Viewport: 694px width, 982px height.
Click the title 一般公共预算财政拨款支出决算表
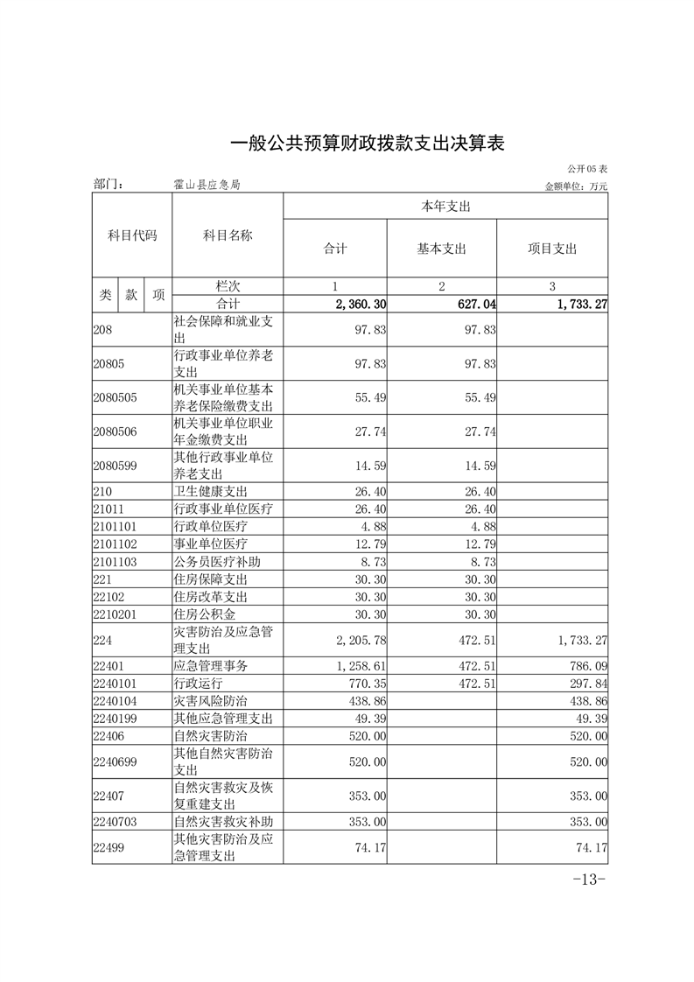pos(367,144)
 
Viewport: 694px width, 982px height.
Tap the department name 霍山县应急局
pos(207,185)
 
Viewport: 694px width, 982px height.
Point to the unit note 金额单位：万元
pos(575,186)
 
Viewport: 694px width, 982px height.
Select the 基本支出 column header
pos(441,249)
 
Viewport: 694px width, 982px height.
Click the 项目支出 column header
pos(552,249)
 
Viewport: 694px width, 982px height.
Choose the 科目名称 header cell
pos(227,235)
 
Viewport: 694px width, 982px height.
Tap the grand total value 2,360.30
pos(361,304)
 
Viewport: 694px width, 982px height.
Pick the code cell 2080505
pos(116,397)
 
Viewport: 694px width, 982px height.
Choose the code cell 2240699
pos(116,762)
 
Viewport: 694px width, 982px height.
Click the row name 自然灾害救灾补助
pos(223,822)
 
